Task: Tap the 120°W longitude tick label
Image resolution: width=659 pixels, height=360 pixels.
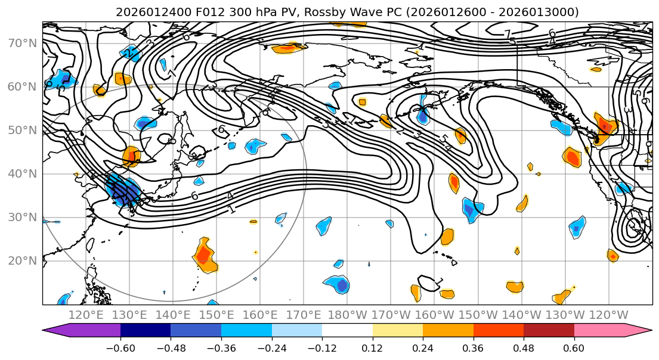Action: click(x=609, y=315)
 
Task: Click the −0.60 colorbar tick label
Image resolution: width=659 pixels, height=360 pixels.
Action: click(x=120, y=347)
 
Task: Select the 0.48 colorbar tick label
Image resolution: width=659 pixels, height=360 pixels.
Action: click(x=524, y=347)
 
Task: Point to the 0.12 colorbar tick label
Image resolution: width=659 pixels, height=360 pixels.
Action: click(x=372, y=347)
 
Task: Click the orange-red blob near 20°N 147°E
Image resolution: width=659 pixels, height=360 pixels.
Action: click(x=203, y=255)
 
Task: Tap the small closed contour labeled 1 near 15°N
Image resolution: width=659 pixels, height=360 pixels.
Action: click(x=431, y=281)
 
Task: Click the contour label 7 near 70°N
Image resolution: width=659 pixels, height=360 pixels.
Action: click(x=509, y=35)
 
